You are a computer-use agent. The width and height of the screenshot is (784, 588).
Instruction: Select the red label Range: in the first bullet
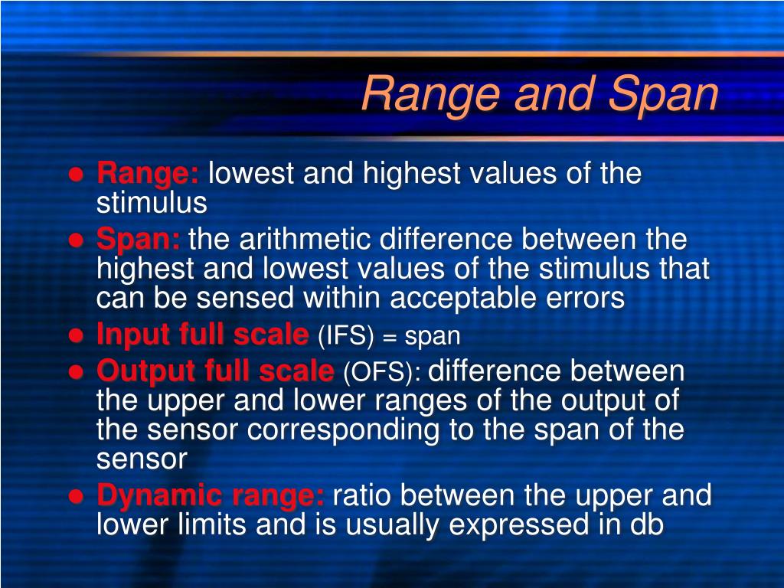pos(148,174)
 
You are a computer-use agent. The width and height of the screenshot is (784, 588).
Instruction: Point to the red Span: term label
pos(139,240)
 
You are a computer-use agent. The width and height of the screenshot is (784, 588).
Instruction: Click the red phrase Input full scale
pos(202,335)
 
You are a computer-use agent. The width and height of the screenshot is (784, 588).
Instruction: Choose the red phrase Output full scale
pos(215,372)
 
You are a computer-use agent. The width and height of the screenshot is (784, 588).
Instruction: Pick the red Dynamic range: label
pos(211,495)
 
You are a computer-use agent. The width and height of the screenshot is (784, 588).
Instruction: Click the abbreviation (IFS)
pos(347,335)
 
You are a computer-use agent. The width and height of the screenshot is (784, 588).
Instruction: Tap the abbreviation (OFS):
pos(382,373)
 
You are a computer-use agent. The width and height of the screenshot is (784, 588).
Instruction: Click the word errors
pos(588,299)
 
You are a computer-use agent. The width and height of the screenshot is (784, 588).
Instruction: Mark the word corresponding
pos(344,430)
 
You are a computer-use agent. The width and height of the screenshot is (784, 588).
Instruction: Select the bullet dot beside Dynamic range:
pos(76,497)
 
